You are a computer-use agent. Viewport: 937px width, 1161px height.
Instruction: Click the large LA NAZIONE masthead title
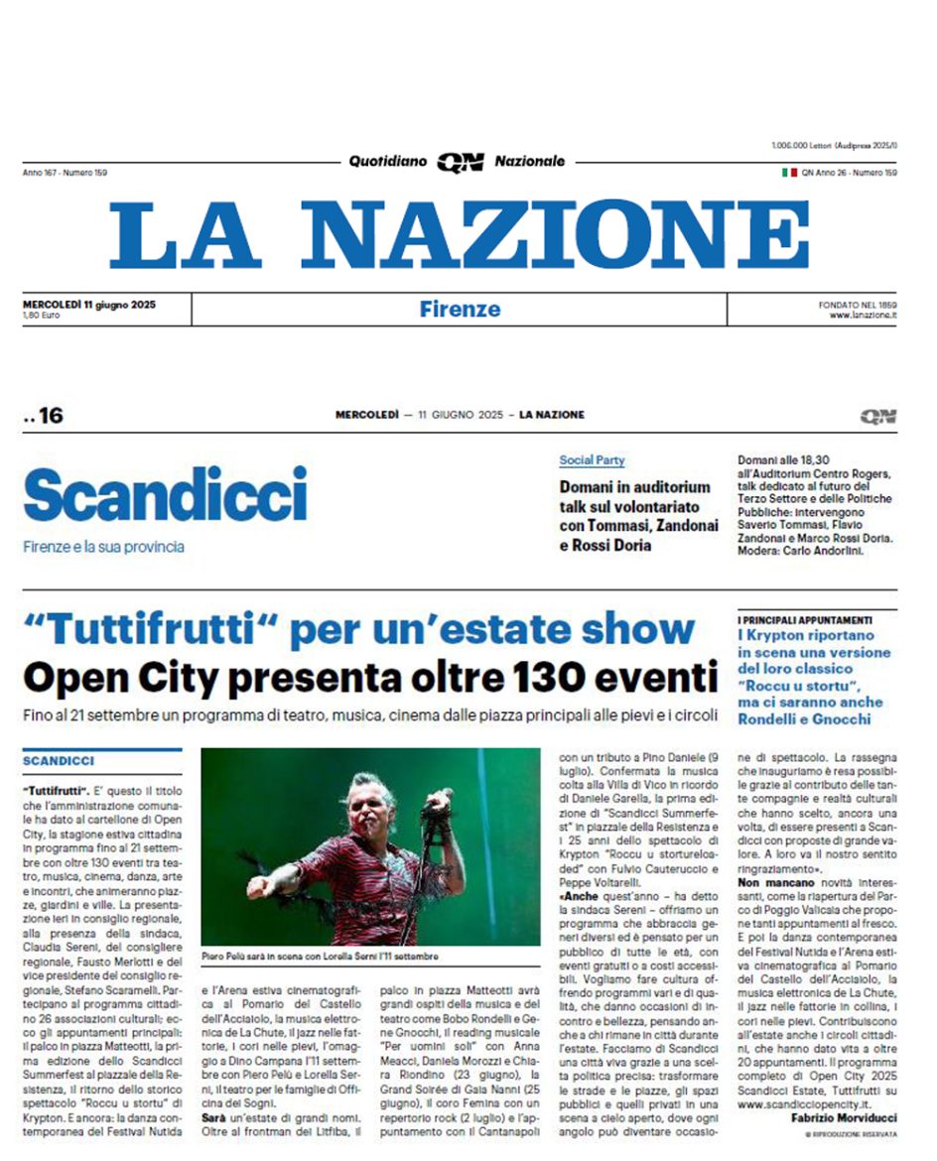(x=459, y=234)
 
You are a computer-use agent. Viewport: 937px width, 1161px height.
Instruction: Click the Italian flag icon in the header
(x=789, y=173)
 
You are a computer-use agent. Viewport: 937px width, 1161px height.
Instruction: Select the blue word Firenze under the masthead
(x=459, y=309)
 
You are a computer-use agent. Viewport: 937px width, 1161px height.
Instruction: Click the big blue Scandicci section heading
(x=166, y=494)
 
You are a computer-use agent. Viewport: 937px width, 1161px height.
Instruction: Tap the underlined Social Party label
(x=592, y=460)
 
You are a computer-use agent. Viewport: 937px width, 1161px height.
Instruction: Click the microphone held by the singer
(x=438, y=801)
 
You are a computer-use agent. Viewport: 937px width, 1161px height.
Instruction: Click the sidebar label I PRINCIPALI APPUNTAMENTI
(x=805, y=619)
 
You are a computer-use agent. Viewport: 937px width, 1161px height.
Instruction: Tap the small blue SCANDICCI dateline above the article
(x=58, y=761)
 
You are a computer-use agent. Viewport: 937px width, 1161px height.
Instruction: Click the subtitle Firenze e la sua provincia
(x=103, y=547)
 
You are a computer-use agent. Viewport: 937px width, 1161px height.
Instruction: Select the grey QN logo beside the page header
(x=878, y=416)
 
